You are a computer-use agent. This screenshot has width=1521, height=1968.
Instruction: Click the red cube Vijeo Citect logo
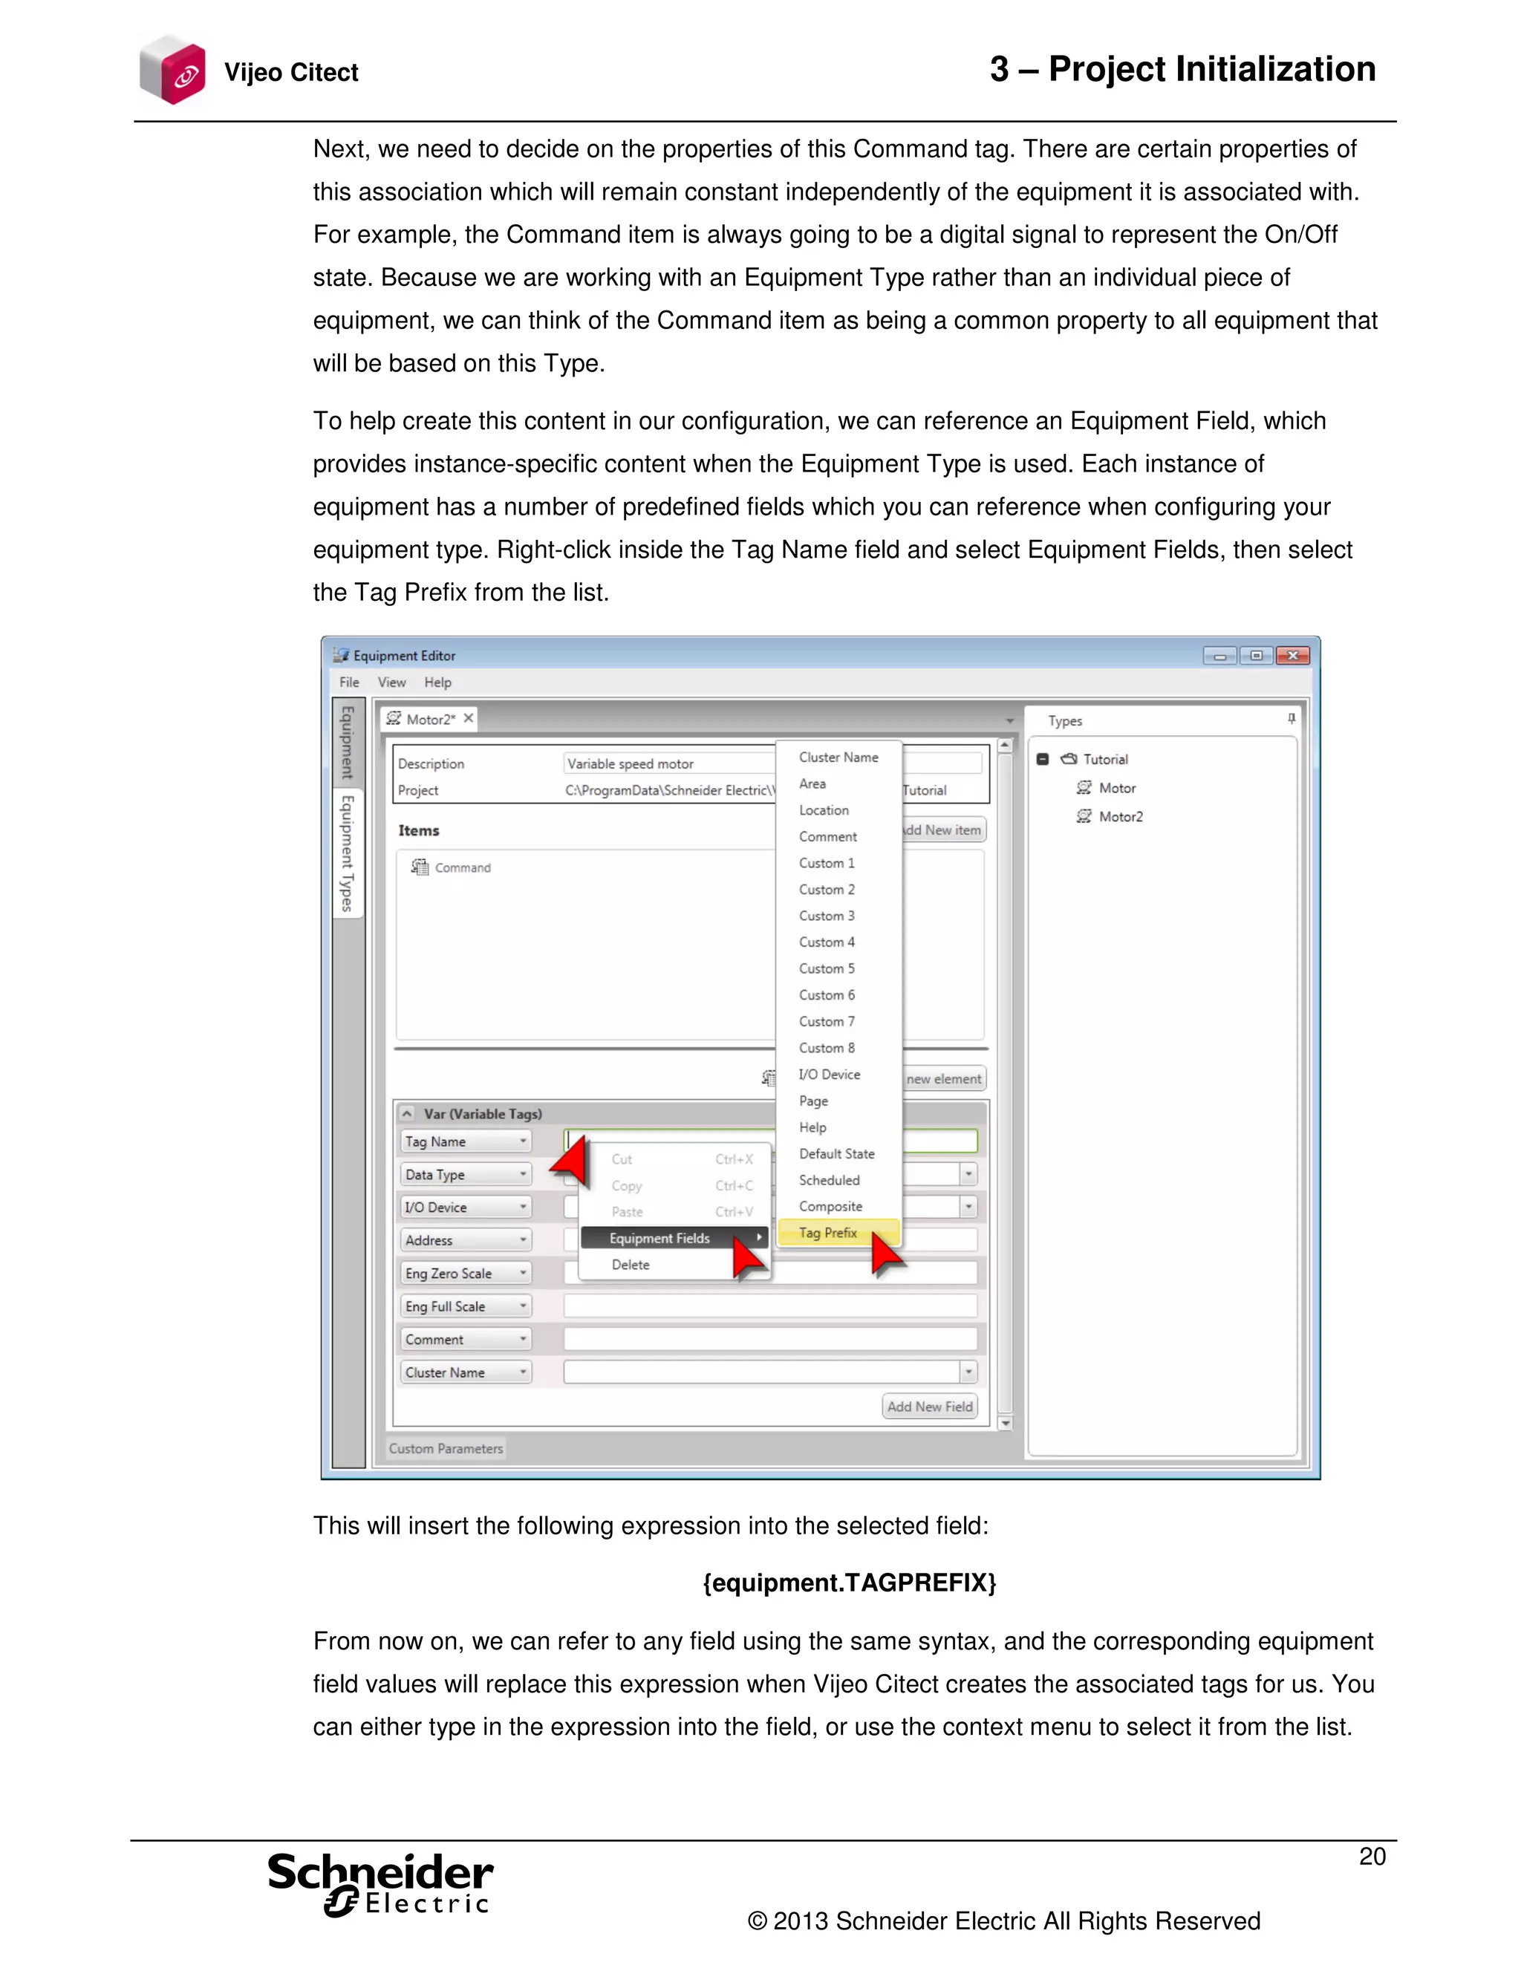[x=174, y=71]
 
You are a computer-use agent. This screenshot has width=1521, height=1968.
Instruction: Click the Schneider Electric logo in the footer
[x=380, y=1883]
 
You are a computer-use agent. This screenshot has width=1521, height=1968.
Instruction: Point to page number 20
[x=1372, y=1857]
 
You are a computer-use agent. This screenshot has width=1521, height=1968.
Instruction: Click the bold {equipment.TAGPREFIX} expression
[x=849, y=1583]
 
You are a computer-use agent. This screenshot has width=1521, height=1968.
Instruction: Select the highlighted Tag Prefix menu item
[x=828, y=1233]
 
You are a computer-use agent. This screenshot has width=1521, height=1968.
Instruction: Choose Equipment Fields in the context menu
[x=659, y=1238]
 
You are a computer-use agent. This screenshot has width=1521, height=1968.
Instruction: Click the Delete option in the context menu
[x=631, y=1265]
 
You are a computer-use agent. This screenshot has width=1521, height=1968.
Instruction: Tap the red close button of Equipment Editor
[x=1292, y=655]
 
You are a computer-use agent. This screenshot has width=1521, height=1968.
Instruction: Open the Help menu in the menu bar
[x=438, y=682]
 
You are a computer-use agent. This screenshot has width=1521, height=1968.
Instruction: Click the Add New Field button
[x=930, y=1407]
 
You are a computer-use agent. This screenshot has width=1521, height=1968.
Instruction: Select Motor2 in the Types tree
[x=1120, y=816]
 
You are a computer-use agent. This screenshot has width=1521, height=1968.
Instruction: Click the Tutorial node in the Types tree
[x=1104, y=760]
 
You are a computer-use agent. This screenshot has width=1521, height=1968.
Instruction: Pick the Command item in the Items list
[x=462, y=867]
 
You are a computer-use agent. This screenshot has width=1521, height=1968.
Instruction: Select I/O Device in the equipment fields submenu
[x=829, y=1074]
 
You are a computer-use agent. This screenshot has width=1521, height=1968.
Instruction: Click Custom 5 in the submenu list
[x=827, y=968]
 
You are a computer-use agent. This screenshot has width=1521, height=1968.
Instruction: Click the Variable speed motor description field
[x=667, y=764]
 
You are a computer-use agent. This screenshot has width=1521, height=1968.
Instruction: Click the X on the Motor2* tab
[x=469, y=718]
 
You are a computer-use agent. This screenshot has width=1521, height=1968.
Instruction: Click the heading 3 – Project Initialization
[x=1182, y=69]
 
